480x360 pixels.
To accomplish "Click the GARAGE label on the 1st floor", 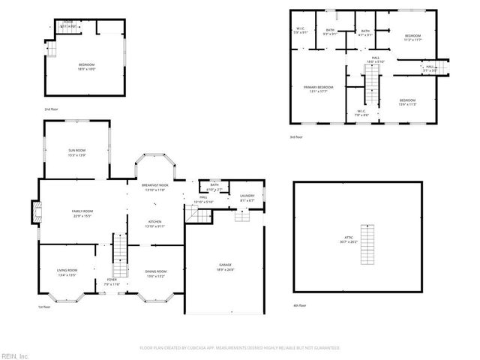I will tap(225, 267).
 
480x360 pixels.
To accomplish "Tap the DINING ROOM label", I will tap(156, 273).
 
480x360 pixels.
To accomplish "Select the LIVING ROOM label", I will tap(67, 273).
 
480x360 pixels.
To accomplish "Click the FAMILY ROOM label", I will tap(82, 214).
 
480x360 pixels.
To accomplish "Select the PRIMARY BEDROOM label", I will tap(318, 89).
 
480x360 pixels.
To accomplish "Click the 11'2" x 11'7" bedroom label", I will tap(413, 38).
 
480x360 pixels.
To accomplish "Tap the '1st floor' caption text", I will tap(45, 307).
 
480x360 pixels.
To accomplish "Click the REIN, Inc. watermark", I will tap(15, 355).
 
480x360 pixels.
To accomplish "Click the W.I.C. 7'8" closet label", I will tap(361, 113).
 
